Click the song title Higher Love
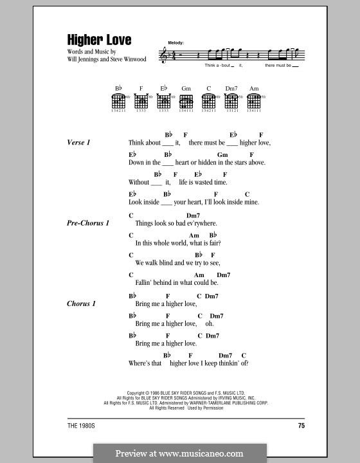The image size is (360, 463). point(99,39)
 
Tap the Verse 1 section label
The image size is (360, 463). point(79,142)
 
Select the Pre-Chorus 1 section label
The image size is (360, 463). point(88,222)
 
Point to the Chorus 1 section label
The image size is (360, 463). point(82,302)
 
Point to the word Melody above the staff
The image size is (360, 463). point(175,42)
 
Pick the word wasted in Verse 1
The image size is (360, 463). point(202,183)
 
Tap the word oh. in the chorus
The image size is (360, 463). point(209,323)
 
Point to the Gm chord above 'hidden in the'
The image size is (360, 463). point(222,155)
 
